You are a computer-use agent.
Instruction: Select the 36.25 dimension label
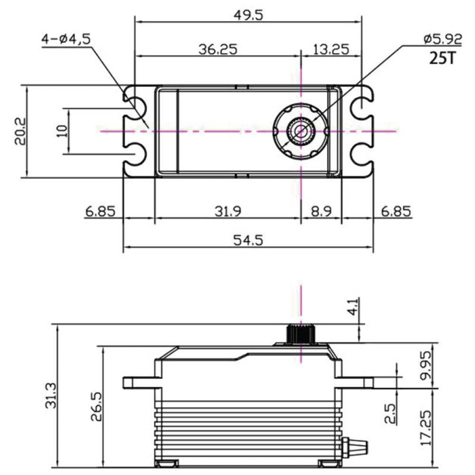218,49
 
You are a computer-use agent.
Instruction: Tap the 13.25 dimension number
331,49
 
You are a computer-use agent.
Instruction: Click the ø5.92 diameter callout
442,39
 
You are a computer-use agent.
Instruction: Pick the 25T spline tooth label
442,58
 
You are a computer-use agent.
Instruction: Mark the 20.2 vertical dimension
19,132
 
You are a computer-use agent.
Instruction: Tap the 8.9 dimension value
322,211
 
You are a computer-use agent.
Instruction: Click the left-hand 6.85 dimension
101,211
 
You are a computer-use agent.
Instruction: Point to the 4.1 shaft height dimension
352,309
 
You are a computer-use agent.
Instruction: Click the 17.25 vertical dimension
426,428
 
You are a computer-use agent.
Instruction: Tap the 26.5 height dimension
95,406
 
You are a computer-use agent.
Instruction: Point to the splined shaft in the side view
301,334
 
